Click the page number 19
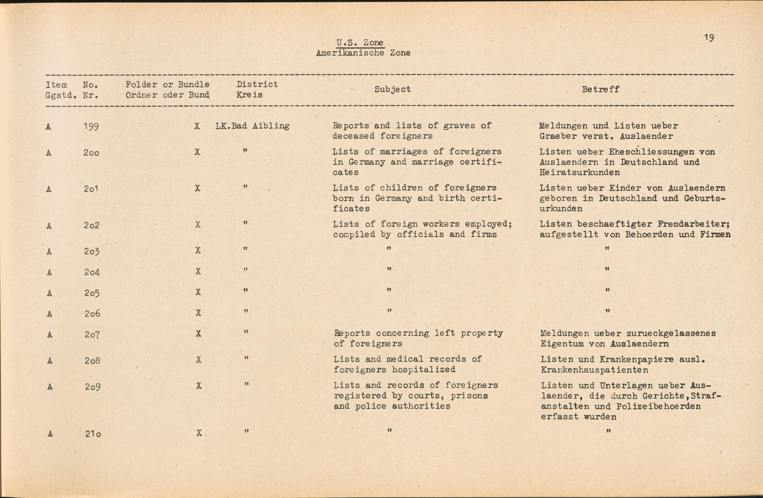click(709, 37)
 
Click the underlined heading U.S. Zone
click(360, 43)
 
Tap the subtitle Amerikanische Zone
click(363, 53)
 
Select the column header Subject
click(392, 89)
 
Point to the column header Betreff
click(600, 89)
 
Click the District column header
click(257, 84)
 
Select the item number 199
click(91, 126)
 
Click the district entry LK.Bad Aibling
click(252, 126)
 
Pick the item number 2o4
click(92, 272)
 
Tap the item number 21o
click(93, 434)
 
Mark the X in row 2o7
click(198, 334)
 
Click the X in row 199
click(197, 126)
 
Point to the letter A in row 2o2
click(49, 226)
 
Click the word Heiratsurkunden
click(580, 173)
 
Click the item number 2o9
click(92, 387)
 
